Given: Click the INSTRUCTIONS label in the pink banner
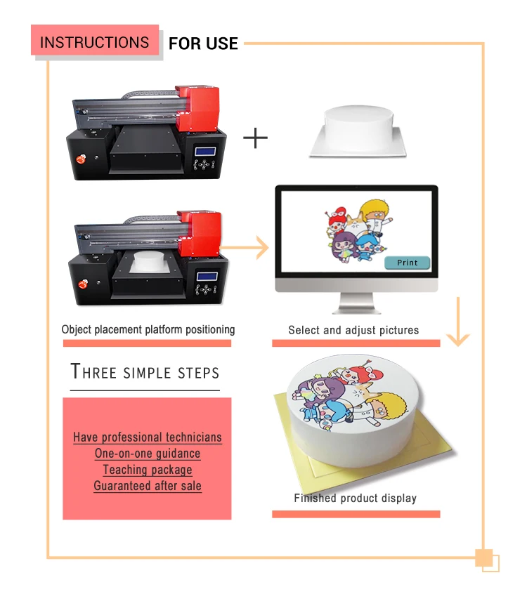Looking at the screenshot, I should (94, 42).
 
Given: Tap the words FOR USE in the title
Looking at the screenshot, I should (203, 44).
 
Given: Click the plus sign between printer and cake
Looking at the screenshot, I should (256, 138).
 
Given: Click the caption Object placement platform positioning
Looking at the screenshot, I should (148, 329).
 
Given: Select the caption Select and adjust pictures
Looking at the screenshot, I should (353, 329).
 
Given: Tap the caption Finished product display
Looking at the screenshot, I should (355, 498).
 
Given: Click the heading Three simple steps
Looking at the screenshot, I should (145, 372).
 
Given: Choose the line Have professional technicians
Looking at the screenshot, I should (148, 437).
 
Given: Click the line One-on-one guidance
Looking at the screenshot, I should (148, 454).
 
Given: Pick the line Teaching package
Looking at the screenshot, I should (148, 470).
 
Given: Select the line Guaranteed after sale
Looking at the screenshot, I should (148, 486).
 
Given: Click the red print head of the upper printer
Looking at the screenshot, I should (197, 107).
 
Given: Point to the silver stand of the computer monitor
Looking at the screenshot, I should (356, 303).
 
